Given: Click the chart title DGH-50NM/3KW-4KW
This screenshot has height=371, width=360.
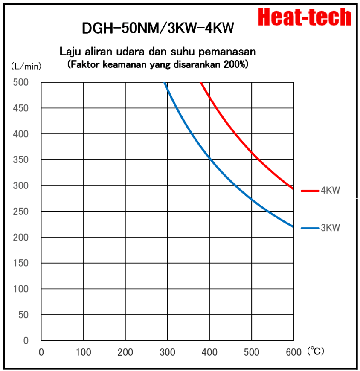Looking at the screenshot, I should tap(158, 29).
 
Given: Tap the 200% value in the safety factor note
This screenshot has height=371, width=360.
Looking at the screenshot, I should tap(235, 65).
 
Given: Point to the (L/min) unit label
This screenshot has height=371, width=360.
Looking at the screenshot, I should tap(26, 67).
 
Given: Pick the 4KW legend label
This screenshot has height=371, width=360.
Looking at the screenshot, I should tap(331, 191).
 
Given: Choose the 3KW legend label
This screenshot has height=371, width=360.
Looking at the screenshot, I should tap(331, 228).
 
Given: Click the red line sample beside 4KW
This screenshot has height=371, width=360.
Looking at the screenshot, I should tap(310, 191).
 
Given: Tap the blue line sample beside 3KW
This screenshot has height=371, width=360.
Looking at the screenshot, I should tap(310, 228).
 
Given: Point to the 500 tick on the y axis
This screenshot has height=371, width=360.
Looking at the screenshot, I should tap(21, 82).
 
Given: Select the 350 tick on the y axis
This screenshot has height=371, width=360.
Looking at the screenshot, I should tap(21, 160).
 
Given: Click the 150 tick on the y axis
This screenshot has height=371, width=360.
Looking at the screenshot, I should tap(21, 263).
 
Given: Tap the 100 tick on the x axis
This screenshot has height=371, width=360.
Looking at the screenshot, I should tap(83, 353).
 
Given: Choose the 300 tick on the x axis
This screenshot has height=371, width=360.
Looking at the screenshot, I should tap(167, 353).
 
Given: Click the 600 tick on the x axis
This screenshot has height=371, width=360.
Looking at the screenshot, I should tap(293, 353).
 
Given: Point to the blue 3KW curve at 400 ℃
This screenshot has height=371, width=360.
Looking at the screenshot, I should tap(209, 159).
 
